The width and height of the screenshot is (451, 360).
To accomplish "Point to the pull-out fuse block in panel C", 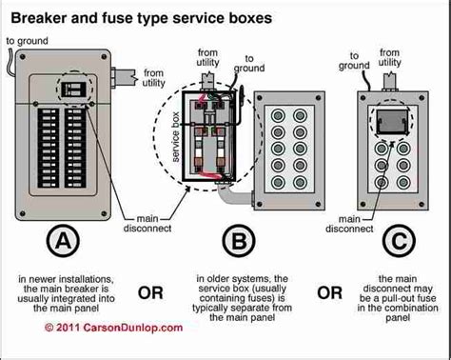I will point(388,122).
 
